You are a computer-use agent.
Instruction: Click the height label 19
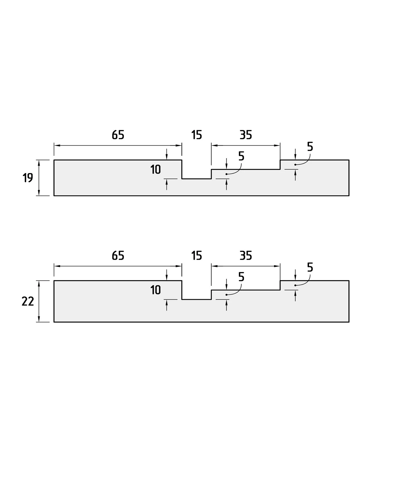click(28, 178)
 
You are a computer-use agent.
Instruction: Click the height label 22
click(28, 301)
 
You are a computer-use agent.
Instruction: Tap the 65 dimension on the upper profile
click(118, 135)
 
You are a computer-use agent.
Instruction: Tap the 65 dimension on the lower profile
click(118, 256)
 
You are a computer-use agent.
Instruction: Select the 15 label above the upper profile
click(197, 135)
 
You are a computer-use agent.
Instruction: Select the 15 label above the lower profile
click(197, 256)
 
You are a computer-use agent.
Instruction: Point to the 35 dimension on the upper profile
click(246, 135)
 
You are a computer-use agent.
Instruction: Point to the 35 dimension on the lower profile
click(246, 256)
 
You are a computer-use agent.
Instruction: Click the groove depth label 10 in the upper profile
click(156, 170)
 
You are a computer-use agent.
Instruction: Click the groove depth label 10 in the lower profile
click(156, 290)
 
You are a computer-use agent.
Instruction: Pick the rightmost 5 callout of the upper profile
click(310, 147)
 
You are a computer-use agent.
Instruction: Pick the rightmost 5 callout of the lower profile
click(310, 267)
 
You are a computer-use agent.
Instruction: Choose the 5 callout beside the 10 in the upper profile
click(241, 156)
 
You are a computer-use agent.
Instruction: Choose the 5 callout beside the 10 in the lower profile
click(241, 277)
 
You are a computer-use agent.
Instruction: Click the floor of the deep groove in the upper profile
click(196, 179)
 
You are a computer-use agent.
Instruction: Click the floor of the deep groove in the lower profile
click(196, 300)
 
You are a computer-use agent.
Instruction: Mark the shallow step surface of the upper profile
click(246, 169)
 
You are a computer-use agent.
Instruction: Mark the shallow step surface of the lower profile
click(246, 290)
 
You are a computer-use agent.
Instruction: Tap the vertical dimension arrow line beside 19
click(39, 178)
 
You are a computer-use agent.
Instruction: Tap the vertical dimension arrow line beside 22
click(39, 301)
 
